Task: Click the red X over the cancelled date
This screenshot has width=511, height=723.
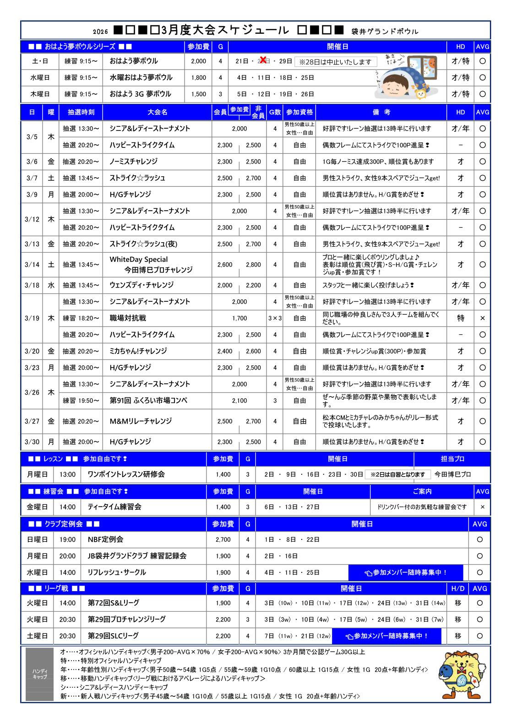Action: pos(263,60)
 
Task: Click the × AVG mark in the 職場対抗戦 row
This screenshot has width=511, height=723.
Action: pos(482,318)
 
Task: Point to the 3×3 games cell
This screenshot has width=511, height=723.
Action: pos(275,318)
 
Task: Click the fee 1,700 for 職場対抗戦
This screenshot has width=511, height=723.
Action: pos(239,318)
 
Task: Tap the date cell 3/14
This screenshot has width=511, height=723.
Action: pos(32,265)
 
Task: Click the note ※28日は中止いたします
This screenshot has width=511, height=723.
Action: pos(336,62)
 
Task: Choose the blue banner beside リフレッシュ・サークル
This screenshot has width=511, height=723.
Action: pos(406,572)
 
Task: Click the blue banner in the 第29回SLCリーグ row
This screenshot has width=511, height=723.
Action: pos(386,636)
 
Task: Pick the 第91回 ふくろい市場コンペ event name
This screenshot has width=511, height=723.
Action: pos(148,401)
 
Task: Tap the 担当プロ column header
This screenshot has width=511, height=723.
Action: pos(452,459)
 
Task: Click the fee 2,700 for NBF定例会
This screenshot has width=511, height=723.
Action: pos(223,540)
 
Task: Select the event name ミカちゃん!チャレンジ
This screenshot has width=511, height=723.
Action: pos(138,351)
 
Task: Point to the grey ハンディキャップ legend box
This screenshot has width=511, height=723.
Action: pos(40,674)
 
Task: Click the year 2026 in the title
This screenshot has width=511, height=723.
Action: pos(100,32)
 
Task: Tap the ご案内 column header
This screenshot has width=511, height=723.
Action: pos(422,491)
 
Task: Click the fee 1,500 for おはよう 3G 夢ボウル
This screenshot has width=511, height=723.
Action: pos(198,94)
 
